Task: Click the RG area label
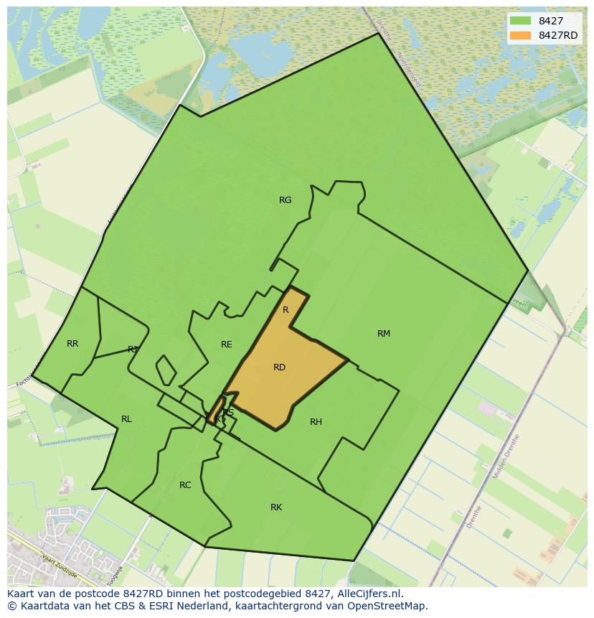[x=286, y=200]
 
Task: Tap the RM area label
[x=384, y=333]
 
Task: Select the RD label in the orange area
[x=280, y=367]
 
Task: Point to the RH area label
[x=316, y=422]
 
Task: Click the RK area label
[x=276, y=507]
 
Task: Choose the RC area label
[x=185, y=485]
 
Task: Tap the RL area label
[x=126, y=419]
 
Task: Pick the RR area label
[x=72, y=344]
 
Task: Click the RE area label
[x=227, y=345]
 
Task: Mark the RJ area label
[x=132, y=350]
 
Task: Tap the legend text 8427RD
[x=558, y=36]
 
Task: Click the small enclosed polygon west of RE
[x=166, y=370]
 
